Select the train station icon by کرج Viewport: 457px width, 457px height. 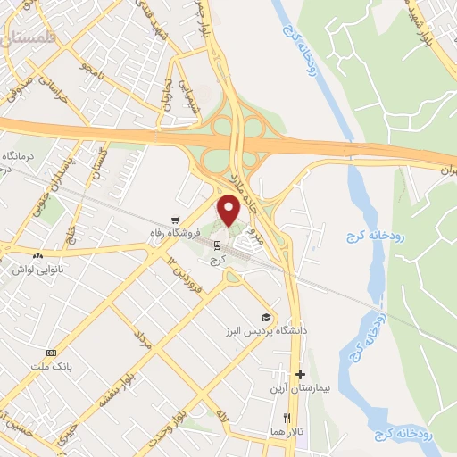pos(217,244)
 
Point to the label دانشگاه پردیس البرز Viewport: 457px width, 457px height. pos(278,330)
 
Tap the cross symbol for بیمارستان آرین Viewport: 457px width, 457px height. pos(300,374)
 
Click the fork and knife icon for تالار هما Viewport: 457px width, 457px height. pos(287,417)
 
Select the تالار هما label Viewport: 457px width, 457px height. pos(288,431)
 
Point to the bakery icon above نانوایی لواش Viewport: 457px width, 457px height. pos(37,255)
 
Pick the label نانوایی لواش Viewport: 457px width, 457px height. pos(37,269)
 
